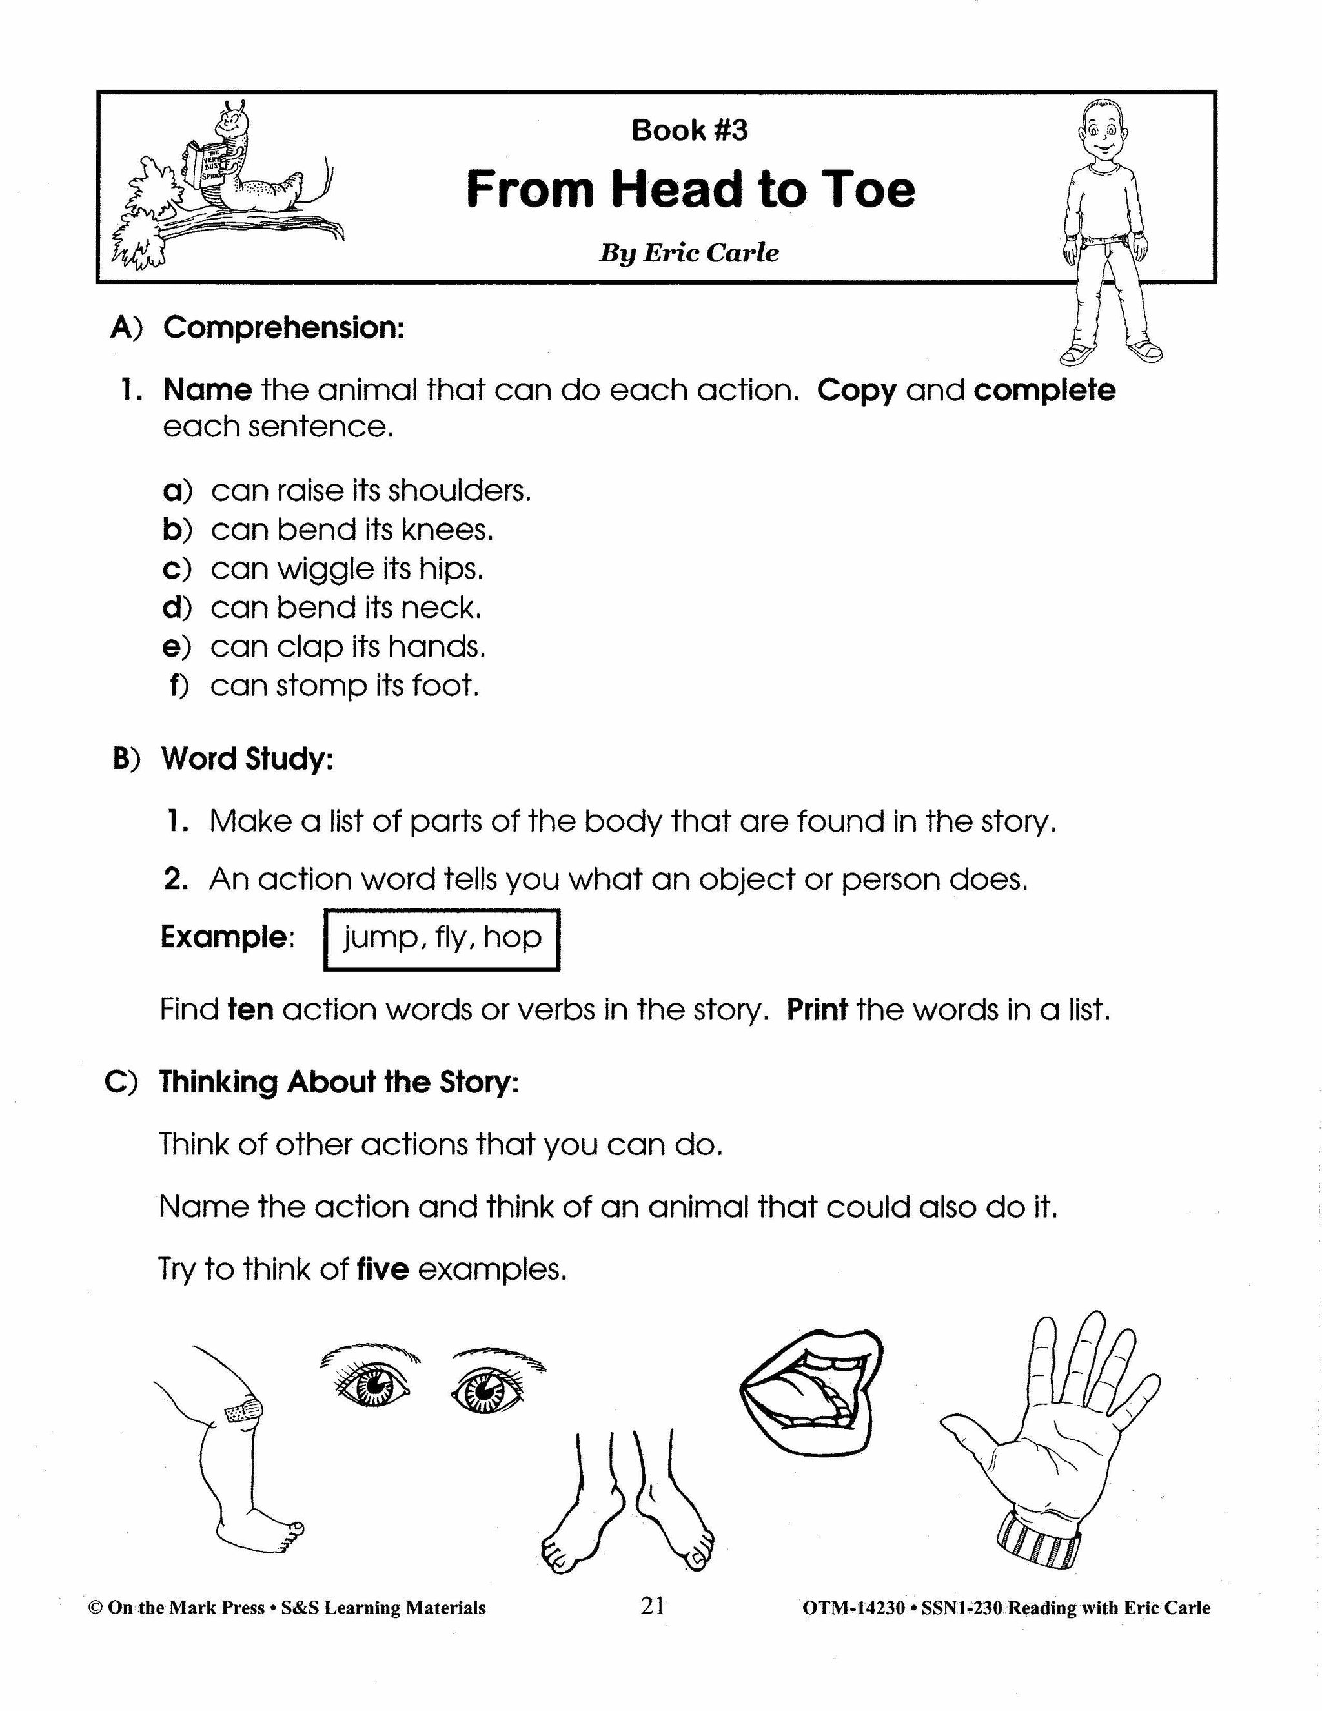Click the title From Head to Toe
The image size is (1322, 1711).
pos(690,190)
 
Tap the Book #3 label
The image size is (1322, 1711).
pos(689,130)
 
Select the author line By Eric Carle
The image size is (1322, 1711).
pos(689,253)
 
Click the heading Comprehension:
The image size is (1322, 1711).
pos(283,327)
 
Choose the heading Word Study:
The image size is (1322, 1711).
pos(247,759)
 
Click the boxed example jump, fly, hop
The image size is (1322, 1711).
pos(442,937)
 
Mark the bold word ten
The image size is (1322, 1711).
pos(250,1010)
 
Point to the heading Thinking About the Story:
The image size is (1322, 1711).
pos(339,1082)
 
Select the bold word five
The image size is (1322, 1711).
pos(382,1269)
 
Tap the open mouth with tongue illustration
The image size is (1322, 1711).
pos(811,1391)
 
